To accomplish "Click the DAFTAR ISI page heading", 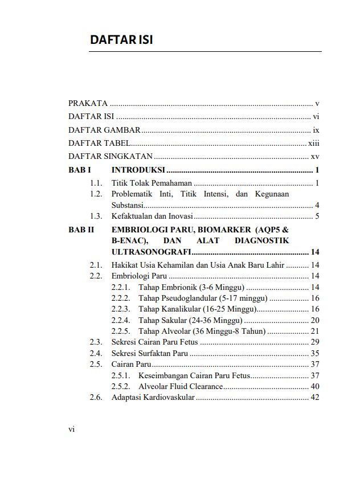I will (121, 40).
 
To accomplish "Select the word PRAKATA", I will (88, 104).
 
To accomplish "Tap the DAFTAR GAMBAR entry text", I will (104, 130).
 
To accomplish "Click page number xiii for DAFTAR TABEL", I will (313, 143).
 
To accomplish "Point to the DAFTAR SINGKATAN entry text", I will (111, 156).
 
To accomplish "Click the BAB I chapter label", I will (79, 170).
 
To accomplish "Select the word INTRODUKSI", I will (138, 170).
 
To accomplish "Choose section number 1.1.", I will (96, 183).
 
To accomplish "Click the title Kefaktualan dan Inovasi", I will (152, 216).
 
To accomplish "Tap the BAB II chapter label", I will (81, 230).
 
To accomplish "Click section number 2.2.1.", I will (121, 287).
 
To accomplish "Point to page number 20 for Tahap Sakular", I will (315, 320).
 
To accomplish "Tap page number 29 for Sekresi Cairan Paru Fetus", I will (315, 342).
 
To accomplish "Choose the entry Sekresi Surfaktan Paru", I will (149, 353).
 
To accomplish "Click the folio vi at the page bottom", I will (72, 429).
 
